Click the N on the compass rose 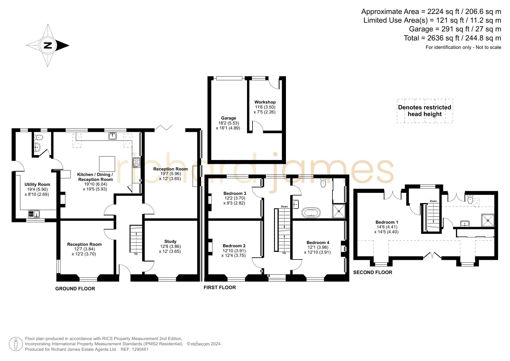pyautogui.click(x=48, y=45)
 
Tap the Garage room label pyautogui.click(x=228, y=118)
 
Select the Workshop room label pyautogui.click(x=265, y=102)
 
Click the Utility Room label pyautogui.click(x=37, y=184)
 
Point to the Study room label pyautogui.click(x=170, y=241)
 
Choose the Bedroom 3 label pyautogui.click(x=235, y=193)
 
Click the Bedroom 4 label pyautogui.click(x=318, y=243)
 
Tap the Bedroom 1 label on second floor pyautogui.click(x=387, y=222)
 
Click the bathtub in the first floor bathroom pyautogui.click(x=312, y=212)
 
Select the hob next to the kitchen pyautogui.click(x=136, y=163)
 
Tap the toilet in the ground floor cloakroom pyautogui.click(x=38, y=137)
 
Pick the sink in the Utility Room pyautogui.click(x=34, y=214)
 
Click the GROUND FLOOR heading pyautogui.click(x=75, y=289)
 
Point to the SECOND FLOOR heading pyautogui.click(x=373, y=272)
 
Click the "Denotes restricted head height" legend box pyautogui.click(x=425, y=111)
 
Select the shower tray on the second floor pyautogui.click(x=488, y=220)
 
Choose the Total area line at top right pyautogui.click(x=452, y=38)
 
